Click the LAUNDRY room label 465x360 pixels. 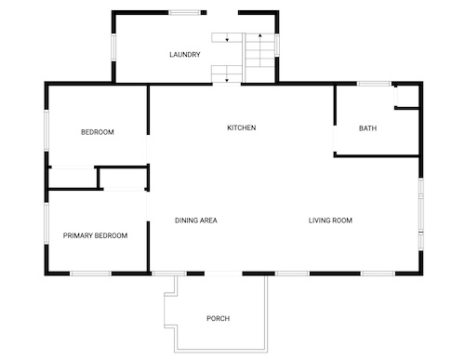185,55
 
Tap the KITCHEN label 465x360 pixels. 242,127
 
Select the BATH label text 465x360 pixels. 367,128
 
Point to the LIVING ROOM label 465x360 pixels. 330,220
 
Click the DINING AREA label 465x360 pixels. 196,220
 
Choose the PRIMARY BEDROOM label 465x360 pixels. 95,235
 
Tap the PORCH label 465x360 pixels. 219,318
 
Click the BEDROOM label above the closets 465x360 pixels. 98,132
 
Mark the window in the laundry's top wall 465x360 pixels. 185,13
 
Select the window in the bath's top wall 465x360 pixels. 374,84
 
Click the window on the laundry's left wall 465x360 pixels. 113,47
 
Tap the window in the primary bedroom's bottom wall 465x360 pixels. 90,273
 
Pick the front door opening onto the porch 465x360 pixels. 223,273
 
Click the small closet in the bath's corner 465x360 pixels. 407,97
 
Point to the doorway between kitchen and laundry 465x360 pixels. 227,84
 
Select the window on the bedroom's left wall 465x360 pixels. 46,130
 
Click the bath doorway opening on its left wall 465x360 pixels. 335,139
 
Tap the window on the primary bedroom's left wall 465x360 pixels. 46,223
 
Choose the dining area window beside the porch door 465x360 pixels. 169,273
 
